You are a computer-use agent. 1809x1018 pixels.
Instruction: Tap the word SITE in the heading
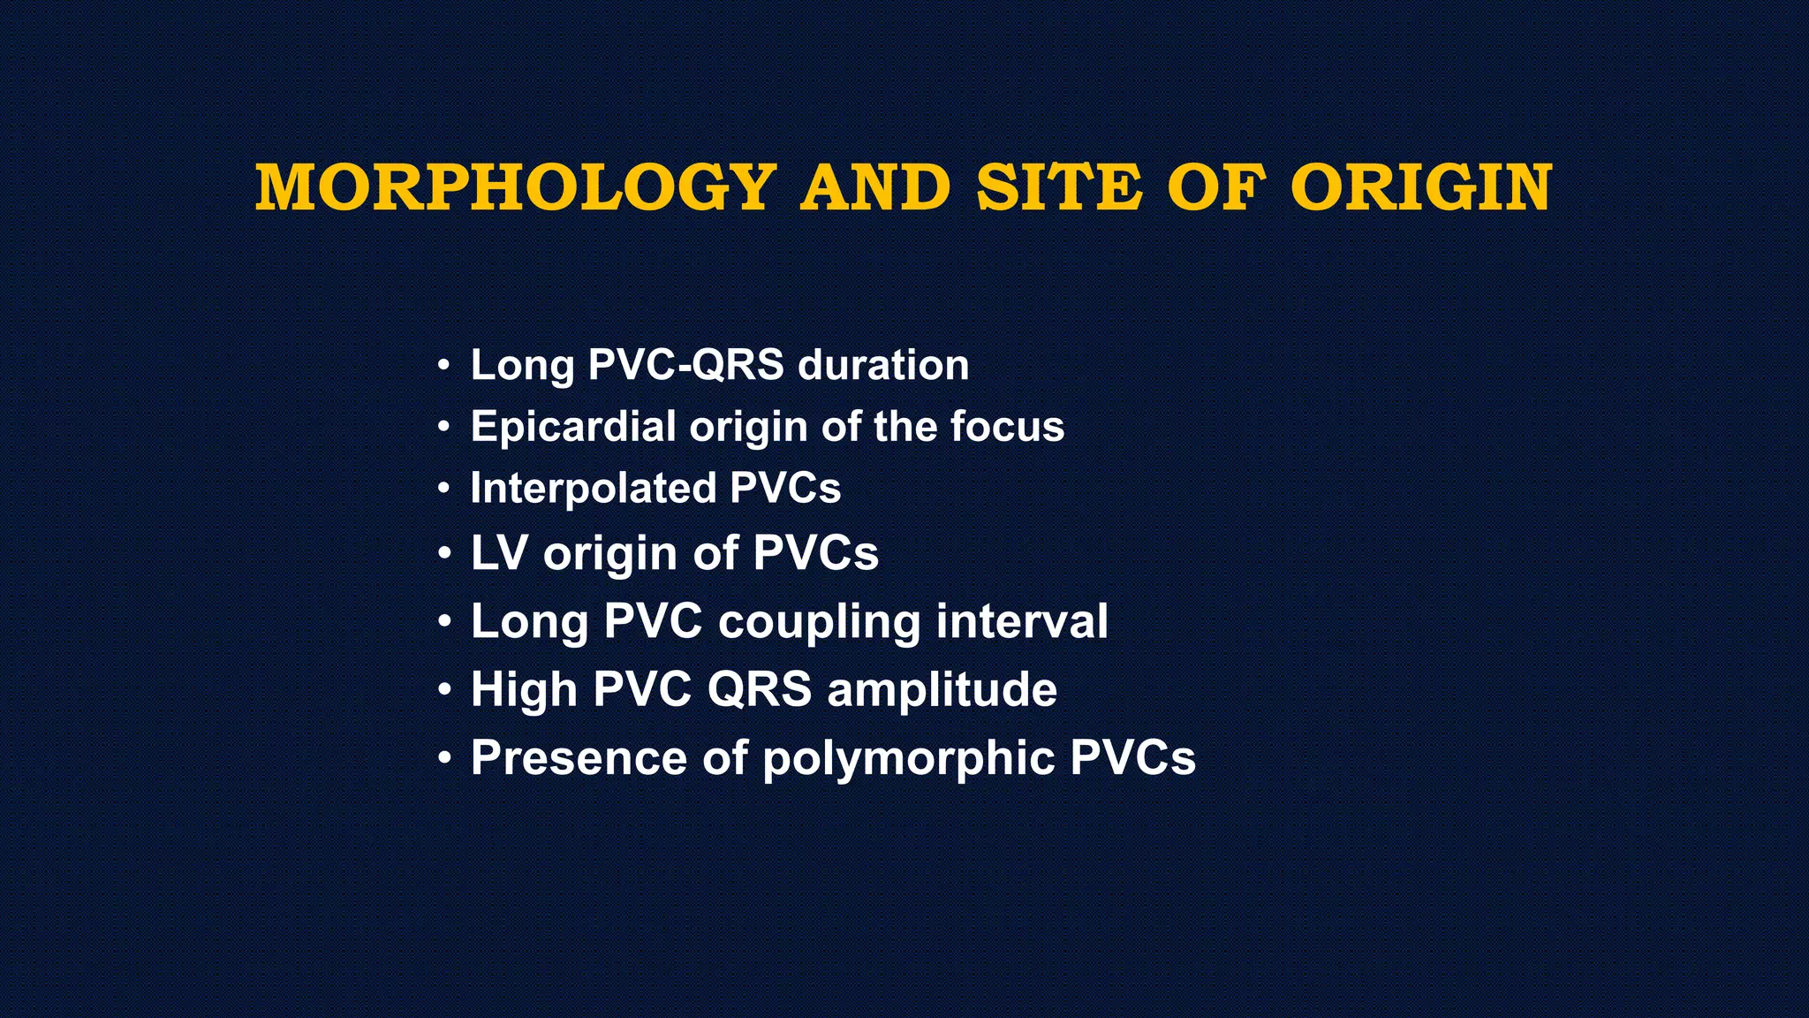point(1059,187)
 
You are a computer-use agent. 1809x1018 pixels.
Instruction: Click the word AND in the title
point(875,187)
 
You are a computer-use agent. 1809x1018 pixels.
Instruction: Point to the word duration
point(883,365)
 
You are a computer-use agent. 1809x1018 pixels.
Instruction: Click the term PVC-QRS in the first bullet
point(685,365)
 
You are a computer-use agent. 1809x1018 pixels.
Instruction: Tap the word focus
point(1007,427)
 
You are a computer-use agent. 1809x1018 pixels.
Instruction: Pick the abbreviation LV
point(499,553)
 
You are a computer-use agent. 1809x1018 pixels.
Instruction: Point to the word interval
point(1022,621)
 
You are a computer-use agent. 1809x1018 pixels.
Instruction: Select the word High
point(523,689)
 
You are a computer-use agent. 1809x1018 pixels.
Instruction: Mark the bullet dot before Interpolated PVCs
point(445,489)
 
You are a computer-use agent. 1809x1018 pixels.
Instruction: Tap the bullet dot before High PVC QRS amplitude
point(445,690)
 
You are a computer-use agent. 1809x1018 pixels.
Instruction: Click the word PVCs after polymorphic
point(1132,757)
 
